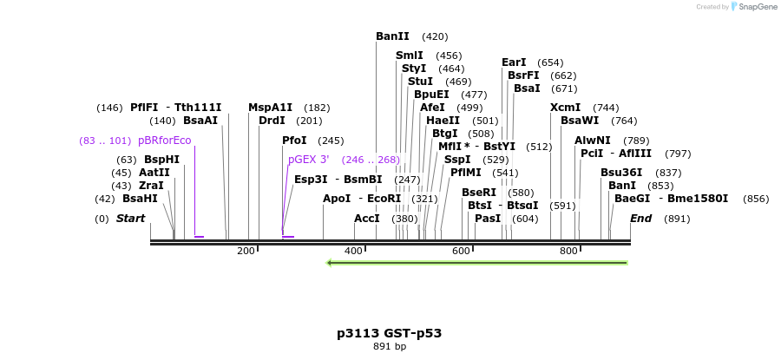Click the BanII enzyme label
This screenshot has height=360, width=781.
392,36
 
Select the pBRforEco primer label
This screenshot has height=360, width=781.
164,140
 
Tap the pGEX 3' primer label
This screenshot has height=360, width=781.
309,160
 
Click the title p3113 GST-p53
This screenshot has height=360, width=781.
390,333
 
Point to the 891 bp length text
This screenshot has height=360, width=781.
390,346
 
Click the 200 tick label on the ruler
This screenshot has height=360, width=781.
246,251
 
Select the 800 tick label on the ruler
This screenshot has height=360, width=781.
568,251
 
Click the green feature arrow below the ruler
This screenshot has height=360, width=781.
476,262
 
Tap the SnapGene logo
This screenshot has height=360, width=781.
753,7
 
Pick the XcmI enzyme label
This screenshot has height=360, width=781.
565,108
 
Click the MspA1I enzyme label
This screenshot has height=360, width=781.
270,108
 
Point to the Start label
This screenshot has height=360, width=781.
130,219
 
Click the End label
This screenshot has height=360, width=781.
640,219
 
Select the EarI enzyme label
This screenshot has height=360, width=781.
514,62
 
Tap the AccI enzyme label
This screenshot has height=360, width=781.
367,219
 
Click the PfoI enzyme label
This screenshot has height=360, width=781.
294,140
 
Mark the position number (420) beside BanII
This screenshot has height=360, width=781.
435,36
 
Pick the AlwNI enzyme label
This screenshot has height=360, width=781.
593,140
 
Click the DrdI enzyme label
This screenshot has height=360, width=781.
272,121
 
